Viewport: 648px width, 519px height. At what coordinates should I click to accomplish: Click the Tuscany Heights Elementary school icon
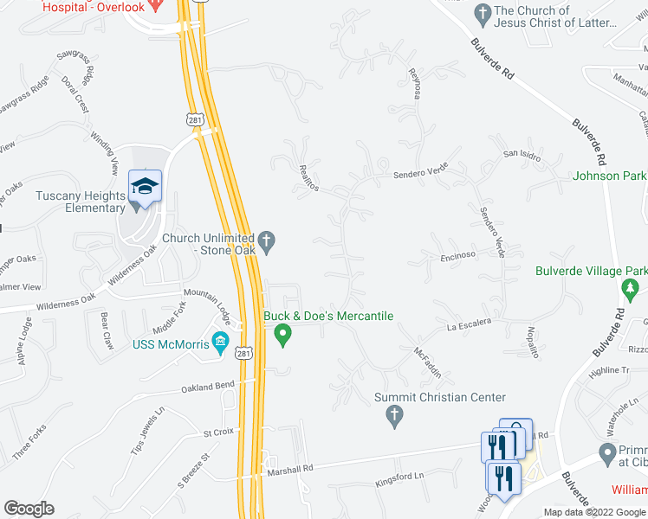145,186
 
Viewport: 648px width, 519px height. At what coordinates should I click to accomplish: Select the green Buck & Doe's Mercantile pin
282,334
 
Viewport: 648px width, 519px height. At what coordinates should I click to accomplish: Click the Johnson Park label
609,176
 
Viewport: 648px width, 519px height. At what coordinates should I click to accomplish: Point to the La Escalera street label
469,324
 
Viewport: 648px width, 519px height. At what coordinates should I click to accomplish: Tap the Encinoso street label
459,255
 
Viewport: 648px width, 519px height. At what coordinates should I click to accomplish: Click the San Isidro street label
522,154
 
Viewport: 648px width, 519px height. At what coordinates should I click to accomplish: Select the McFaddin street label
428,363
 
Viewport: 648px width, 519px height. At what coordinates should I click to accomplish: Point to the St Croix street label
218,432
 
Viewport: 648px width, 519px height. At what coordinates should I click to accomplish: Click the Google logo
29,509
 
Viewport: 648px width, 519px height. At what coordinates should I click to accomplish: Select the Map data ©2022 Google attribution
594,512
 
